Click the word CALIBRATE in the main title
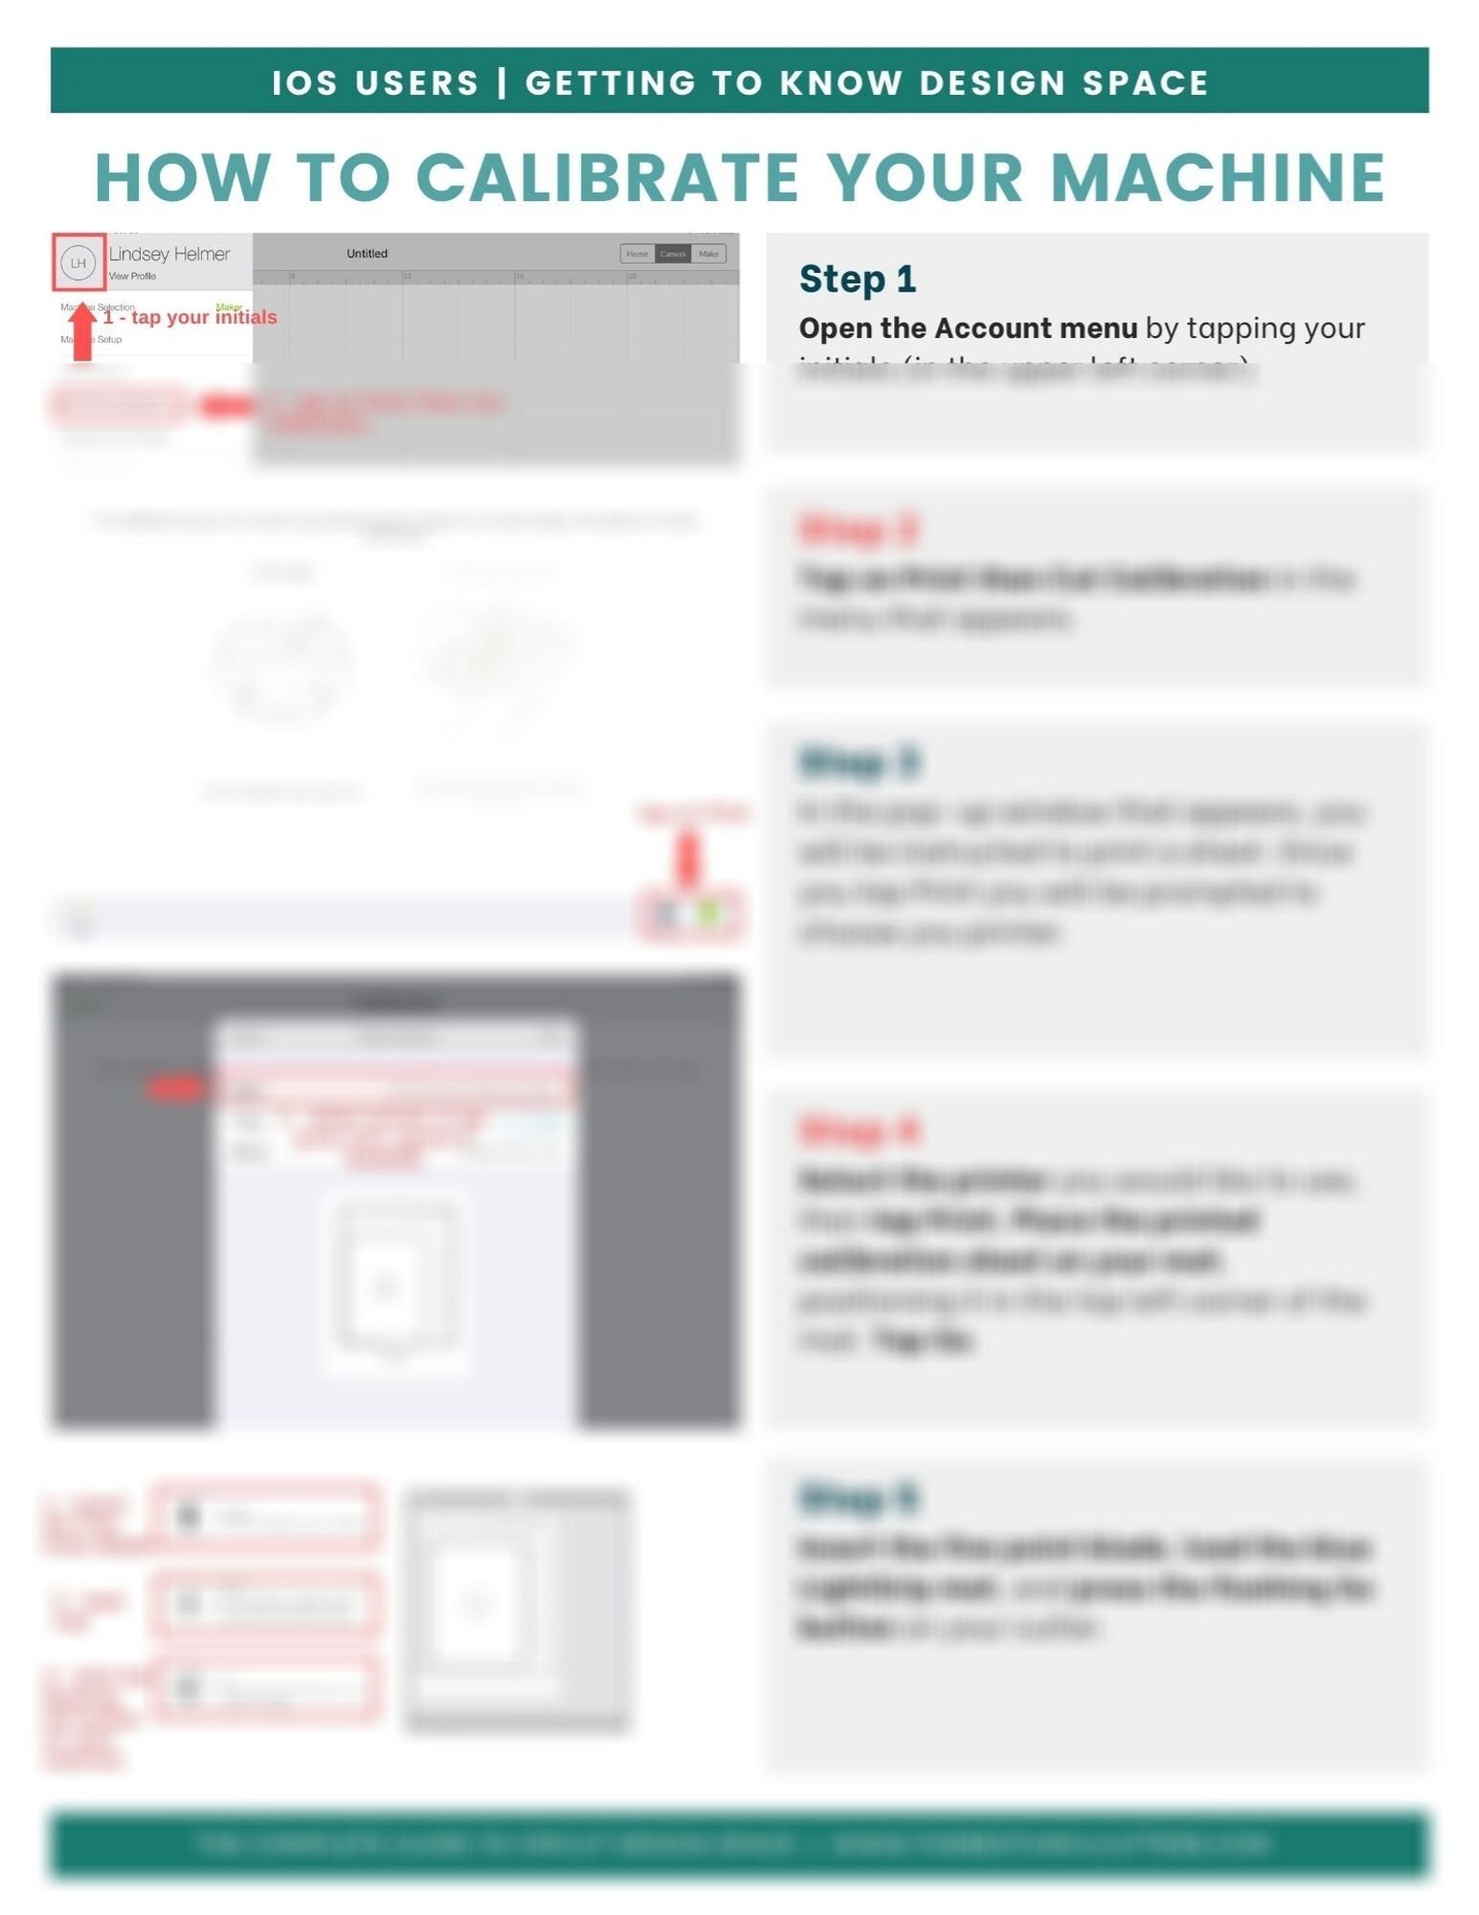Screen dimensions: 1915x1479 tap(606, 177)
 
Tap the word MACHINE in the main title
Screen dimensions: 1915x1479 tap(1218, 177)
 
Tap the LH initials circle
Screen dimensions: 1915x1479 tap(78, 263)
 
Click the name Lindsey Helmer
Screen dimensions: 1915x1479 tap(169, 254)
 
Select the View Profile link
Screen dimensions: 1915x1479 tap(132, 276)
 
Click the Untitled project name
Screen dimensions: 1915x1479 tap(367, 253)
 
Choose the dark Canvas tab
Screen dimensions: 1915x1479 tap(672, 253)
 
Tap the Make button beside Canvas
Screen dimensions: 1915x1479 tap(708, 253)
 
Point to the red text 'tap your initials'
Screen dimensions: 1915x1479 tap(203, 318)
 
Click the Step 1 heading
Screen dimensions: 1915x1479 tap(857, 279)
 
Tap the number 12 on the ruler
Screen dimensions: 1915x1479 tap(408, 277)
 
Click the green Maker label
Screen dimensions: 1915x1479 tap(228, 306)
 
